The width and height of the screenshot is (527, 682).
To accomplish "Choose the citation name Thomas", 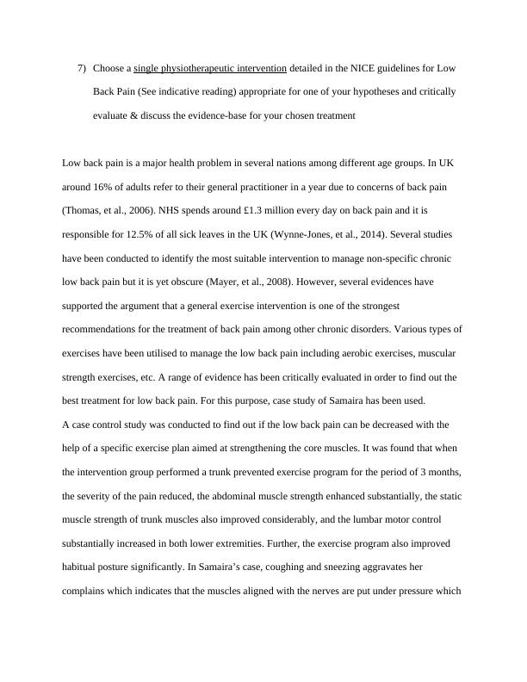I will pyautogui.click(x=84, y=210).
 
